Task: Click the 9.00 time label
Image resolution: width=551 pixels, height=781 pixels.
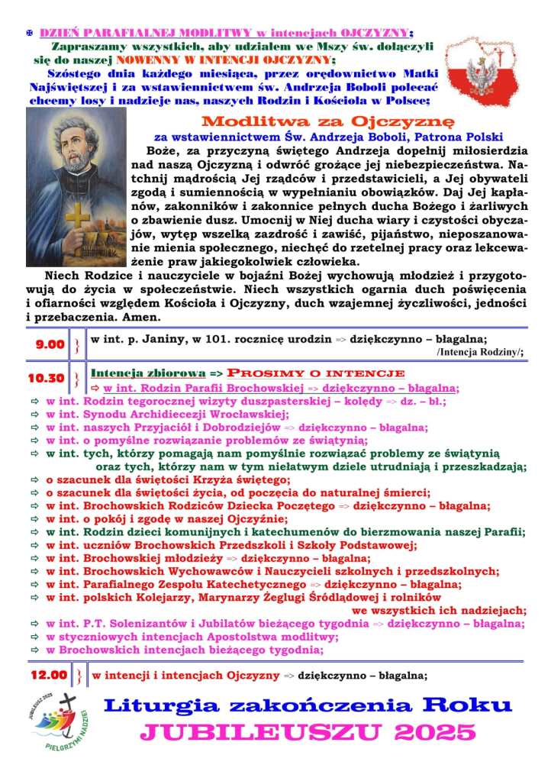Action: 50,344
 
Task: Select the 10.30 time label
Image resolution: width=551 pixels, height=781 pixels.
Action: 47,378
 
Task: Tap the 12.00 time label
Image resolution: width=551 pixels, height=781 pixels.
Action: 49,675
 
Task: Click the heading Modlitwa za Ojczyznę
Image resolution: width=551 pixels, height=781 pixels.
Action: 327,121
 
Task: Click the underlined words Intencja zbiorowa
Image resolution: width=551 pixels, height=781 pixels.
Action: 148,373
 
